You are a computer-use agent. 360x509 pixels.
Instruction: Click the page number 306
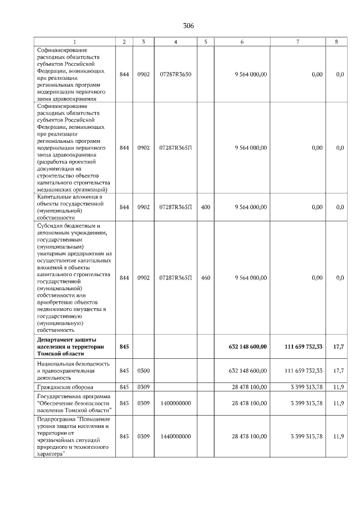tap(188, 26)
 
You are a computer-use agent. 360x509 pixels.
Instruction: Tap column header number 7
tap(297, 42)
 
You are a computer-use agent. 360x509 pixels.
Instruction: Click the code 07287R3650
tap(175, 74)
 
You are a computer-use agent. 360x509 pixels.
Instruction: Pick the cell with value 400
tap(205, 207)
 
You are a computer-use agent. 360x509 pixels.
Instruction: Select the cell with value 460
tap(205, 278)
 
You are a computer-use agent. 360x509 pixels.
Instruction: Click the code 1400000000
tap(175, 403)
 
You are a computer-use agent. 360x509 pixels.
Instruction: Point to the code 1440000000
tap(175, 436)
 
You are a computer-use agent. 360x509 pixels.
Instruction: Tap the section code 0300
tap(143, 371)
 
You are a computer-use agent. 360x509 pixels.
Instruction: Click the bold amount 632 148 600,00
tap(247, 347)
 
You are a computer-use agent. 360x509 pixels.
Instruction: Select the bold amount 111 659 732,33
tap(303, 347)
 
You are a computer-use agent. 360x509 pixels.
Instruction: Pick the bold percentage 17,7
tap(338, 347)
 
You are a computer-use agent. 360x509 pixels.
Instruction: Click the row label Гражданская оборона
tap(62, 387)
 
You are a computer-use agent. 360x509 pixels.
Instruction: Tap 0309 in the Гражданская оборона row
tap(143, 387)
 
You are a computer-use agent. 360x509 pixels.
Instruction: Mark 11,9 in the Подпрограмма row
tap(338, 436)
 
